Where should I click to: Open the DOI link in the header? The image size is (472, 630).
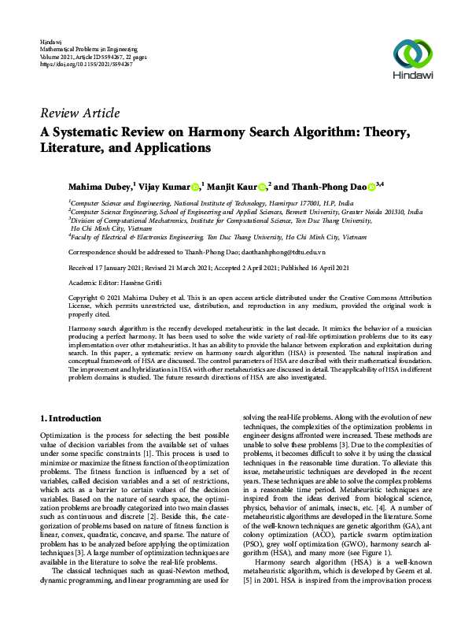coord(86,64)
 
